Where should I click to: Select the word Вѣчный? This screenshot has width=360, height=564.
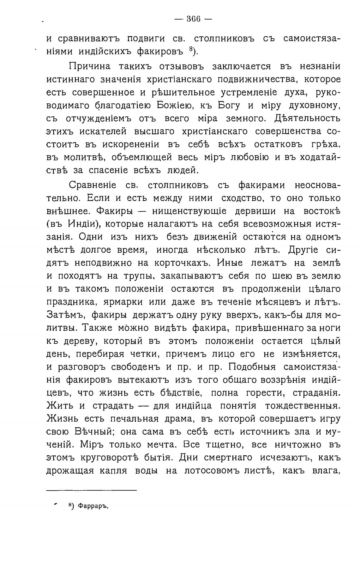(94, 432)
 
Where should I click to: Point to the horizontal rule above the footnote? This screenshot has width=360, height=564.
(91, 490)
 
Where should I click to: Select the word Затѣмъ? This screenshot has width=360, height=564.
(65, 315)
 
